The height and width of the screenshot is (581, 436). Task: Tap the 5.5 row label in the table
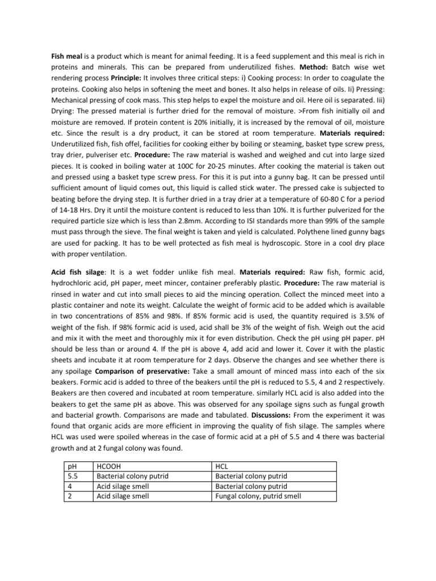point(72,475)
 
